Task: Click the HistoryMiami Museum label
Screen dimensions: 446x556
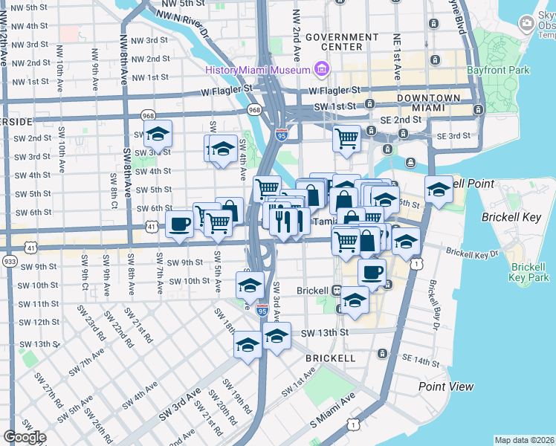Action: pyautogui.click(x=258, y=71)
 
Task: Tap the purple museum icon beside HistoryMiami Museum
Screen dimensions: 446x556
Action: pyautogui.click(x=321, y=70)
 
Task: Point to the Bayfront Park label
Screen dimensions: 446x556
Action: pyautogui.click(x=498, y=71)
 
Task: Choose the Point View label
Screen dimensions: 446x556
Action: pyautogui.click(x=446, y=387)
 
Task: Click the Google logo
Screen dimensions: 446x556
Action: pyautogui.click(x=25, y=437)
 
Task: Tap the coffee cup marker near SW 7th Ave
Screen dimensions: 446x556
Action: pyautogui.click(x=180, y=224)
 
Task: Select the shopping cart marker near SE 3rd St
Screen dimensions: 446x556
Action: pyautogui.click(x=346, y=138)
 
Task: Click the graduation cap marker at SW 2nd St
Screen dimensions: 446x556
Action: pyautogui.click(x=157, y=134)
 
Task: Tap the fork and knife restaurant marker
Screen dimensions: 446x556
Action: pyautogui.click(x=284, y=221)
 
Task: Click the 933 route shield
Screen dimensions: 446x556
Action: pyautogui.click(x=10, y=262)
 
